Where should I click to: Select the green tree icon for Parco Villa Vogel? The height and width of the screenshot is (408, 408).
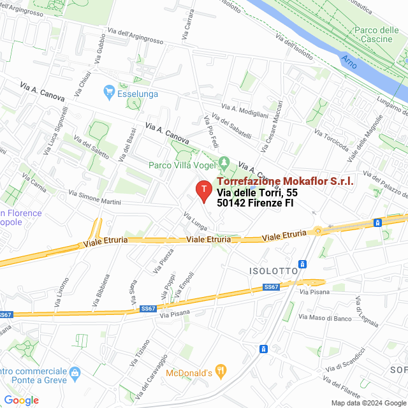click(x=223, y=163)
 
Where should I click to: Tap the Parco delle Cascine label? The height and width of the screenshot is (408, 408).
click(x=376, y=35)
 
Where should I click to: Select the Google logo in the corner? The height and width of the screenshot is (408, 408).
click(x=21, y=400)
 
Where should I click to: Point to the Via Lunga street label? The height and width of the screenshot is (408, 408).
click(x=196, y=221)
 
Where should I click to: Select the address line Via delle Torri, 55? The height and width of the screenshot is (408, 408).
click(x=257, y=193)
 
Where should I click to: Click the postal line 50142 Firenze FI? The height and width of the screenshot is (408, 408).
click(x=255, y=203)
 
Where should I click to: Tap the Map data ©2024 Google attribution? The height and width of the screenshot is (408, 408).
click(x=368, y=402)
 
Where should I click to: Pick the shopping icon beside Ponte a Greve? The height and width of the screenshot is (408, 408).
click(x=75, y=372)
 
